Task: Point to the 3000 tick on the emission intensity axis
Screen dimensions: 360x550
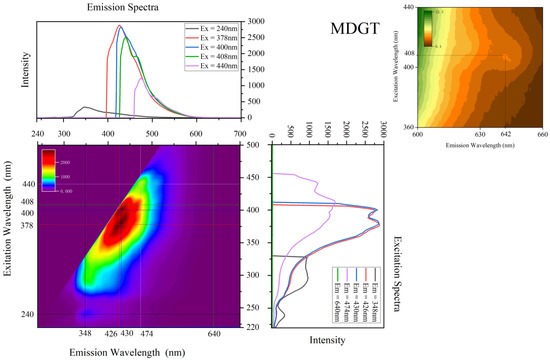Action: pos(255,20)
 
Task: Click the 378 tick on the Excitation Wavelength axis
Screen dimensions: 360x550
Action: pos(27,225)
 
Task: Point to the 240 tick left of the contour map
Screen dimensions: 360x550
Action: pos(27,315)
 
